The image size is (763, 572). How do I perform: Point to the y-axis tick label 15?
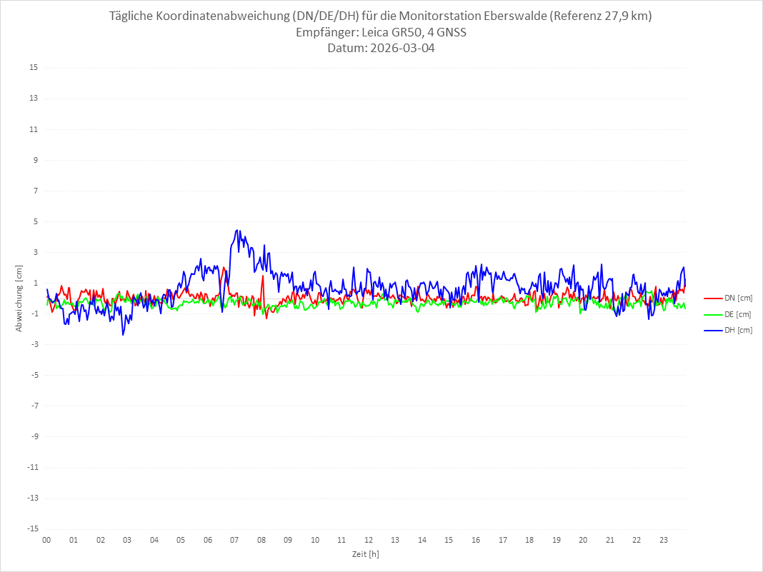(x=34, y=68)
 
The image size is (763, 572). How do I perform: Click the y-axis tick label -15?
(x=32, y=528)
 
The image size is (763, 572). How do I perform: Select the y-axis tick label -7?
(x=34, y=406)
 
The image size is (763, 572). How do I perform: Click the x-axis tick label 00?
(x=46, y=540)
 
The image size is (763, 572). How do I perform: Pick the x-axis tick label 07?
(x=234, y=540)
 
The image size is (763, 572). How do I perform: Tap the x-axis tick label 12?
(x=369, y=540)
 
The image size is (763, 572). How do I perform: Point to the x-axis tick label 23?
(x=664, y=540)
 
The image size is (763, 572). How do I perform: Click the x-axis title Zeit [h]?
(x=365, y=554)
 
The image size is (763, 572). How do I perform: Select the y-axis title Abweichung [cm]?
(x=19, y=298)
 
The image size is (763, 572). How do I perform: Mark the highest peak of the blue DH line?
(x=237, y=231)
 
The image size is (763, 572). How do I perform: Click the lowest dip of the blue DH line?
(x=123, y=334)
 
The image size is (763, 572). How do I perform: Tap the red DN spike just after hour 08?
(x=263, y=277)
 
